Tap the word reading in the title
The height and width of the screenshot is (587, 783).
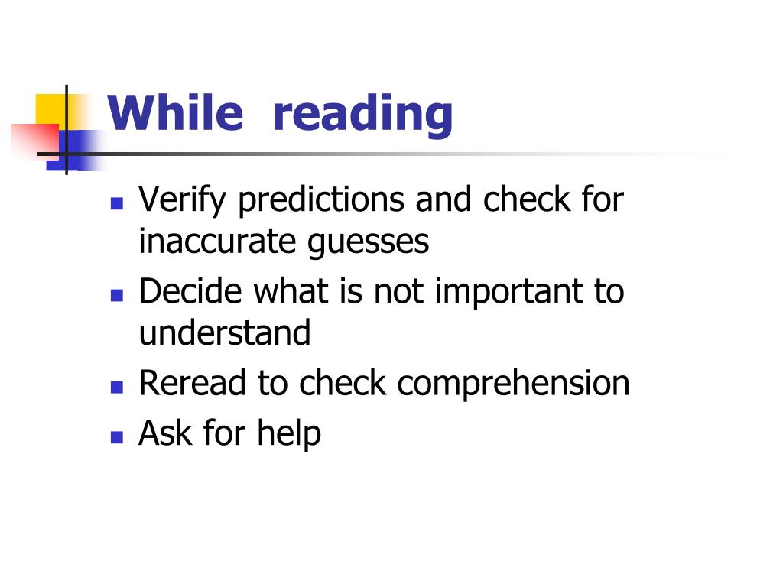pyautogui.click(x=362, y=115)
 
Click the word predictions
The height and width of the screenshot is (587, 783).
pyautogui.click(x=320, y=200)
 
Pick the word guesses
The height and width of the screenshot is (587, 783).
pyautogui.click(x=368, y=243)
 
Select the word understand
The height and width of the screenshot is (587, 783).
pyautogui.click(x=225, y=333)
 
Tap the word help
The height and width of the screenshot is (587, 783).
pyautogui.click(x=289, y=434)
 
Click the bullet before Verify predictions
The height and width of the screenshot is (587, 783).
pyautogui.click(x=116, y=204)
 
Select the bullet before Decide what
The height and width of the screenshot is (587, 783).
pyautogui.click(x=116, y=295)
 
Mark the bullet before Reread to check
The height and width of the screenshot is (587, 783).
pyautogui.click(x=116, y=387)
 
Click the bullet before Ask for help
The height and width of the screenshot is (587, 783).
pyautogui.click(x=116, y=437)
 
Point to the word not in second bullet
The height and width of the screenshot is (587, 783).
pyautogui.click(x=396, y=292)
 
